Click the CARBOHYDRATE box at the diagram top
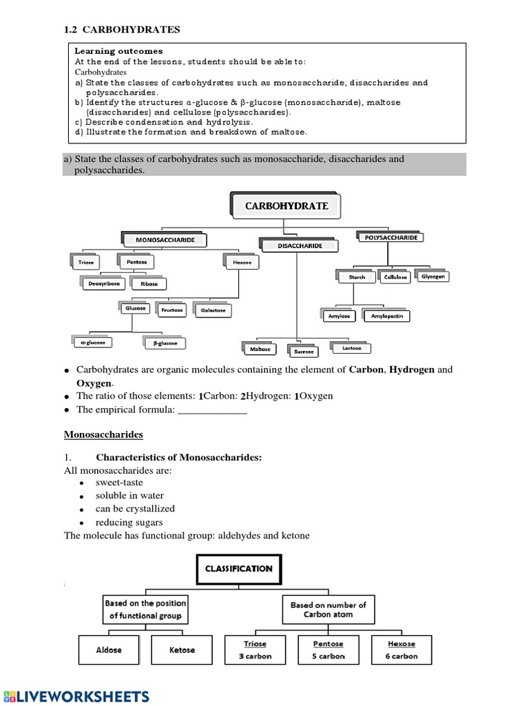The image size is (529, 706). coord(288,205)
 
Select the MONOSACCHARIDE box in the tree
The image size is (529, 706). coord(165,240)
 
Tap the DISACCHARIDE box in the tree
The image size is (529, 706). coord(300,245)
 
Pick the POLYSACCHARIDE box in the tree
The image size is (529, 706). coord(391,237)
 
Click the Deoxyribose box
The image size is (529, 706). coord(103,283)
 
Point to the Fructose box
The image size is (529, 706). coord(172,310)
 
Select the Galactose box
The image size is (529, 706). coord(213,311)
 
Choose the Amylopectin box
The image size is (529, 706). coord(386,316)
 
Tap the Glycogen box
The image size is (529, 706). coord(434,276)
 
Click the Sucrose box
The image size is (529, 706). coord(303,352)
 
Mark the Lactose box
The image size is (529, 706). coord(351,348)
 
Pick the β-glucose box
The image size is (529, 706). coord(165,343)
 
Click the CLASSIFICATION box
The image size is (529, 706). coord(238,569)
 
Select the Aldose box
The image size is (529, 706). coord(108,650)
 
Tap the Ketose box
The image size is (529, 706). coord(182,650)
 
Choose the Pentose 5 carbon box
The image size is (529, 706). coord(328,650)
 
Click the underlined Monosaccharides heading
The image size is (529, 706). coord(103,434)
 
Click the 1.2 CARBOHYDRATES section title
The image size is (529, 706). coord(122,30)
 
